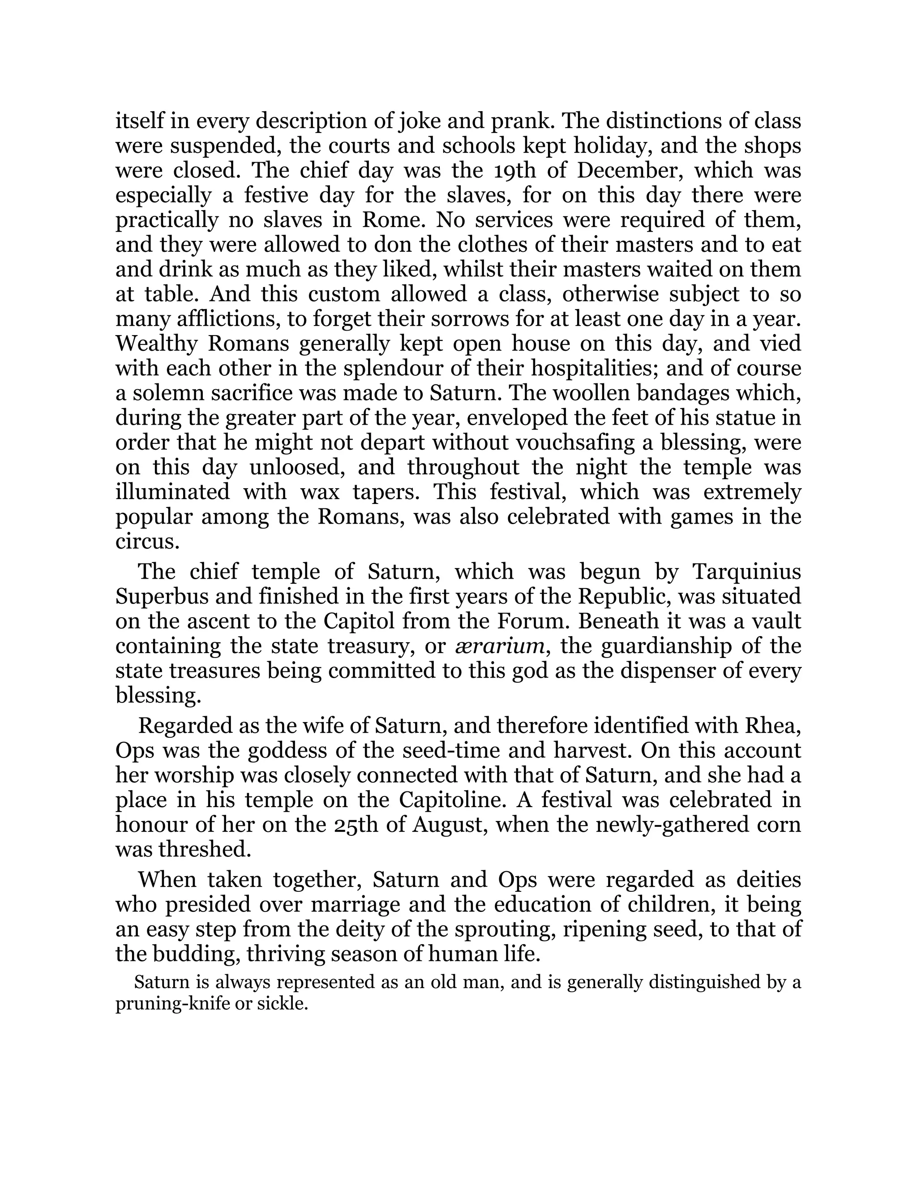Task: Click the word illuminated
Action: (x=172, y=492)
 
